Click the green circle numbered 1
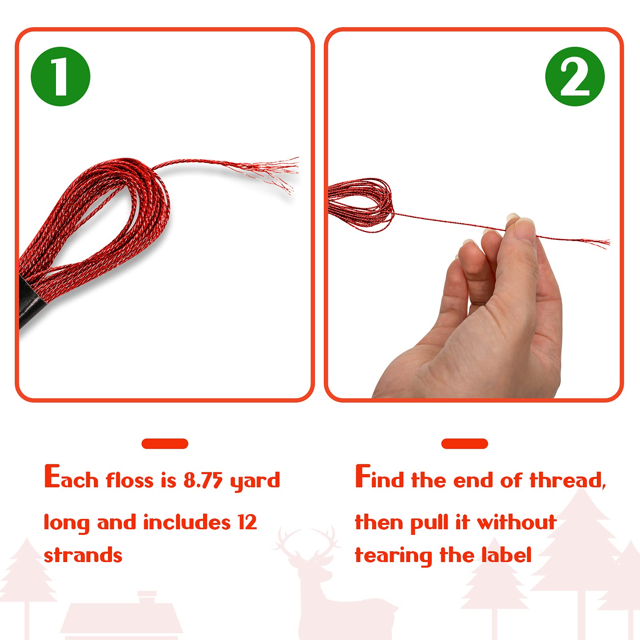[x=60, y=76]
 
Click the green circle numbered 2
[x=575, y=76]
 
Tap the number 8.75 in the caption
[x=203, y=480]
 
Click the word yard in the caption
[x=255, y=481]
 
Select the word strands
[x=83, y=555]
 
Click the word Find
[x=379, y=477]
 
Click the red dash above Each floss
[x=165, y=444]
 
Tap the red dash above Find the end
[x=465, y=444]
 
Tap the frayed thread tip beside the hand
[x=598, y=242]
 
